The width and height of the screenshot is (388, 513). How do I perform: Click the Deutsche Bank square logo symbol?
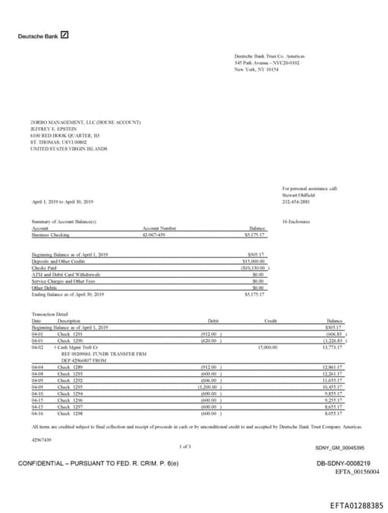[x=65, y=35]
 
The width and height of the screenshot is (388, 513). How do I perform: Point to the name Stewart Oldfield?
[x=298, y=194]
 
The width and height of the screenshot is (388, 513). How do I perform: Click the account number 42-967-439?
[x=154, y=235]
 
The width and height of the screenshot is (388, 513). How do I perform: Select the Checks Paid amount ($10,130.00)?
[x=251, y=267]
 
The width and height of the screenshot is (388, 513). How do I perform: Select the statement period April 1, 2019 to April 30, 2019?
[x=63, y=201]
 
